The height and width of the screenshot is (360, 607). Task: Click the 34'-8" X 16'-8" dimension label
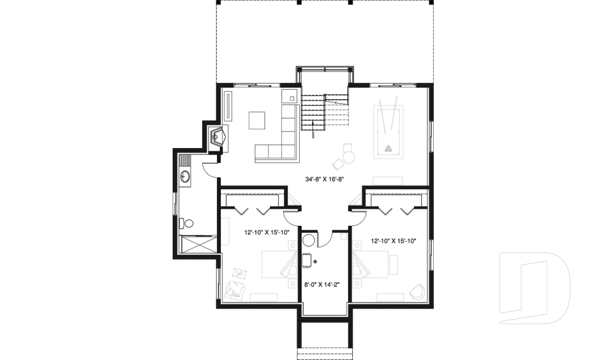click(324, 179)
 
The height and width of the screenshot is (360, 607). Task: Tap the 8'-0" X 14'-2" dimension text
click(322, 284)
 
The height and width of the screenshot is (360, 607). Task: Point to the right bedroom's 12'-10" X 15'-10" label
click(393, 240)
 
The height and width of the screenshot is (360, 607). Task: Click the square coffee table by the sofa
click(257, 120)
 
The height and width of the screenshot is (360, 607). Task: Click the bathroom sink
click(184, 177)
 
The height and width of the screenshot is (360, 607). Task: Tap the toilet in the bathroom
click(186, 223)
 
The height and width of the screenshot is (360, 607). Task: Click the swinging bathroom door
click(209, 167)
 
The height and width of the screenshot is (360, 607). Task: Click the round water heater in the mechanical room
click(309, 240)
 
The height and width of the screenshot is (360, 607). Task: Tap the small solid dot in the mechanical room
click(315, 261)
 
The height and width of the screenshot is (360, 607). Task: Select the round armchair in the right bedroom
click(417, 292)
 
